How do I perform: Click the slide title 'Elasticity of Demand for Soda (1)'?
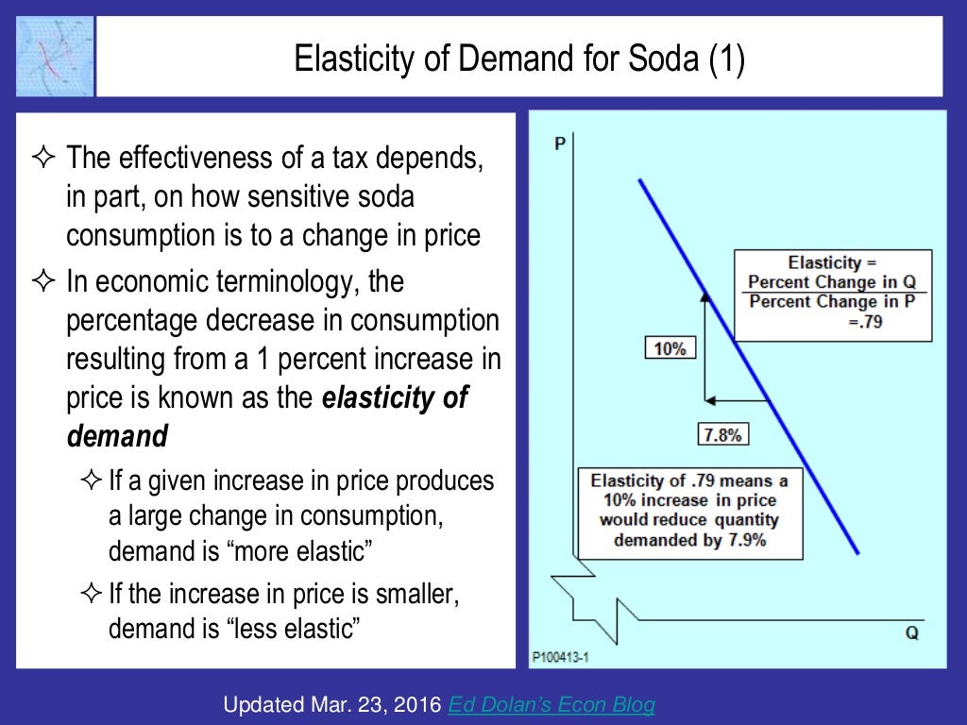point(519,61)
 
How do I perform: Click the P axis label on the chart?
point(560,143)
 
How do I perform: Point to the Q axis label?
point(911,632)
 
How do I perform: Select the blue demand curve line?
point(749,366)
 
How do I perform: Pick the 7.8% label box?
point(724,434)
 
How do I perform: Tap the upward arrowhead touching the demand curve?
point(704,295)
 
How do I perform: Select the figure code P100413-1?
point(559,654)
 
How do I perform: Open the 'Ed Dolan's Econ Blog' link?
point(551,704)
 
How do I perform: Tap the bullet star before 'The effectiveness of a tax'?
point(44,158)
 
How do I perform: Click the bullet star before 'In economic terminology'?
point(44,280)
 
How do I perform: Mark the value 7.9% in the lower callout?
point(741,541)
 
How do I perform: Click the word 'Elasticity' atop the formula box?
point(824,262)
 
